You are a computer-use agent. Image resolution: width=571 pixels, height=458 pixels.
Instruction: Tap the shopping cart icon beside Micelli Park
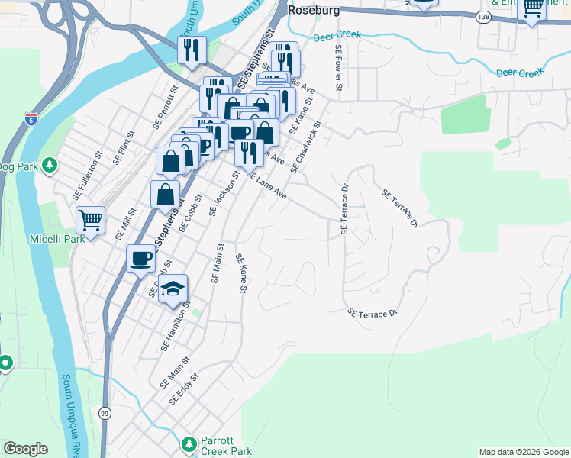pos(91,221)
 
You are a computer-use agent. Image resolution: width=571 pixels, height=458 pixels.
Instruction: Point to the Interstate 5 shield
pos(30,118)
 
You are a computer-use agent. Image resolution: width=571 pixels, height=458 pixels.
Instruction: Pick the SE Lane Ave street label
pos(266,185)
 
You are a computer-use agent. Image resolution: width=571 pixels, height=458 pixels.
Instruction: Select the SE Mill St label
pos(125,224)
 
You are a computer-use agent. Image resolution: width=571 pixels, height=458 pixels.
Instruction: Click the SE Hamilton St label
pos(176,326)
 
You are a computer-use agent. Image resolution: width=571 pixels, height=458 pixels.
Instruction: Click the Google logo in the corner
pos(25,449)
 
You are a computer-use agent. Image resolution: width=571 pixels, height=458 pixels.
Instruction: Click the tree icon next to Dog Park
pos(50,166)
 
